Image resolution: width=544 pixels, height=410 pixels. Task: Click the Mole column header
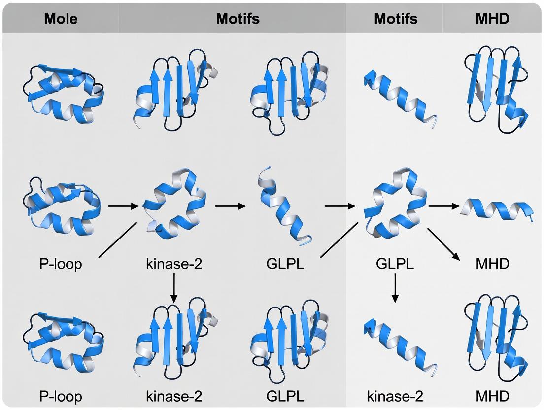pyautogui.click(x=61, y=19)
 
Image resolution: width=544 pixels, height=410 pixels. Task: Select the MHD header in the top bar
pyautogui.click(x=492, y=19)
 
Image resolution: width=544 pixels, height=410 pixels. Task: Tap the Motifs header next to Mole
pyautogui.click(x=238, y=19)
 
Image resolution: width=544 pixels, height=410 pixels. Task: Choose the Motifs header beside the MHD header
pyautogui.click(x=396, y=19)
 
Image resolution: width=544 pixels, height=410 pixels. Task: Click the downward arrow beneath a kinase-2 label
pyautogui.click(x=174, y=288)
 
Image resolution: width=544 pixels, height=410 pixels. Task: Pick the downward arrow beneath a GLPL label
pyautogui.click(x=395, y=288)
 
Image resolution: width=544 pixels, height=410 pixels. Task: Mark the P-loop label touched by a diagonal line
pyautogui.click(x=61, y=264)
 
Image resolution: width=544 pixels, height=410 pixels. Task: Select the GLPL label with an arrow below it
pyautogui.click(x=395, y=264)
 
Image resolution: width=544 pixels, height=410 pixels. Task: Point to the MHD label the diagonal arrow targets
pyautogui.click(x=492, y=264)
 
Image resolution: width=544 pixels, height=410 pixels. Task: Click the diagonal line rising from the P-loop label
pyautogui.click(x=118, y=239)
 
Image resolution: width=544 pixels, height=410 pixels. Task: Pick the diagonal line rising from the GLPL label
pyautogui.click(x=339, y=239)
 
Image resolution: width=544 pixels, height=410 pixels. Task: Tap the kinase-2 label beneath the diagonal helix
pyautogui.click(x=395, y=397)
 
